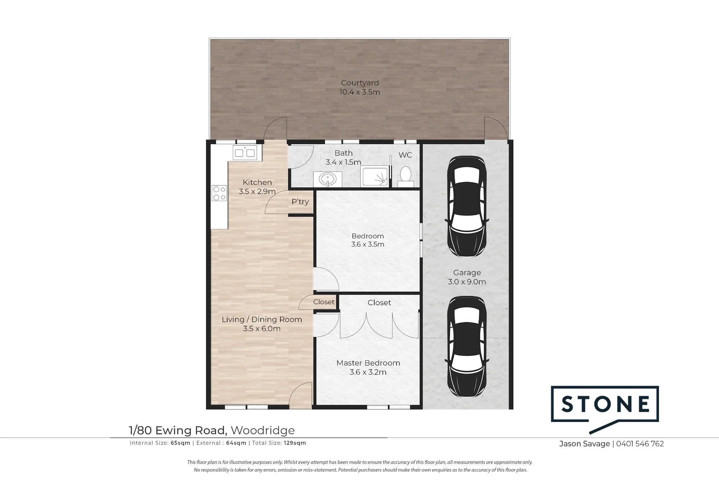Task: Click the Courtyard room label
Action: (x=360, y=83)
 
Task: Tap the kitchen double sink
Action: (x=245, y=153)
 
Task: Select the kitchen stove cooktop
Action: (x=219, y=193)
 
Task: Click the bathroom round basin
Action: (x=328, y=179)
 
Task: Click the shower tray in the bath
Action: (x=375, y=177)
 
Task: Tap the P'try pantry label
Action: (x=300, y=202)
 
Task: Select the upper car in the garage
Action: (x=467, y=206)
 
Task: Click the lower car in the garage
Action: (x=467, y=347)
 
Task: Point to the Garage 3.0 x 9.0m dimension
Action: (x=467, y=282)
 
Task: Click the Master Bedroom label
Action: (x=368, y=363)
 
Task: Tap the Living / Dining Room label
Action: (x=262, y=319)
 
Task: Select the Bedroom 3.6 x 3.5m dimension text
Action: (x=368, y=244)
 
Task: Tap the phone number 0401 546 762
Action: (x=640, y=444)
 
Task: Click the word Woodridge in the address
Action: (x=263, y=430)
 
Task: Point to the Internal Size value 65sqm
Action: (x=180, y=443)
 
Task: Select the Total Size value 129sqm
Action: (x=295, y=443)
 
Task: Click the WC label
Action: (x=405, y=155)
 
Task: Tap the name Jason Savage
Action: (x=585, y=444)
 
